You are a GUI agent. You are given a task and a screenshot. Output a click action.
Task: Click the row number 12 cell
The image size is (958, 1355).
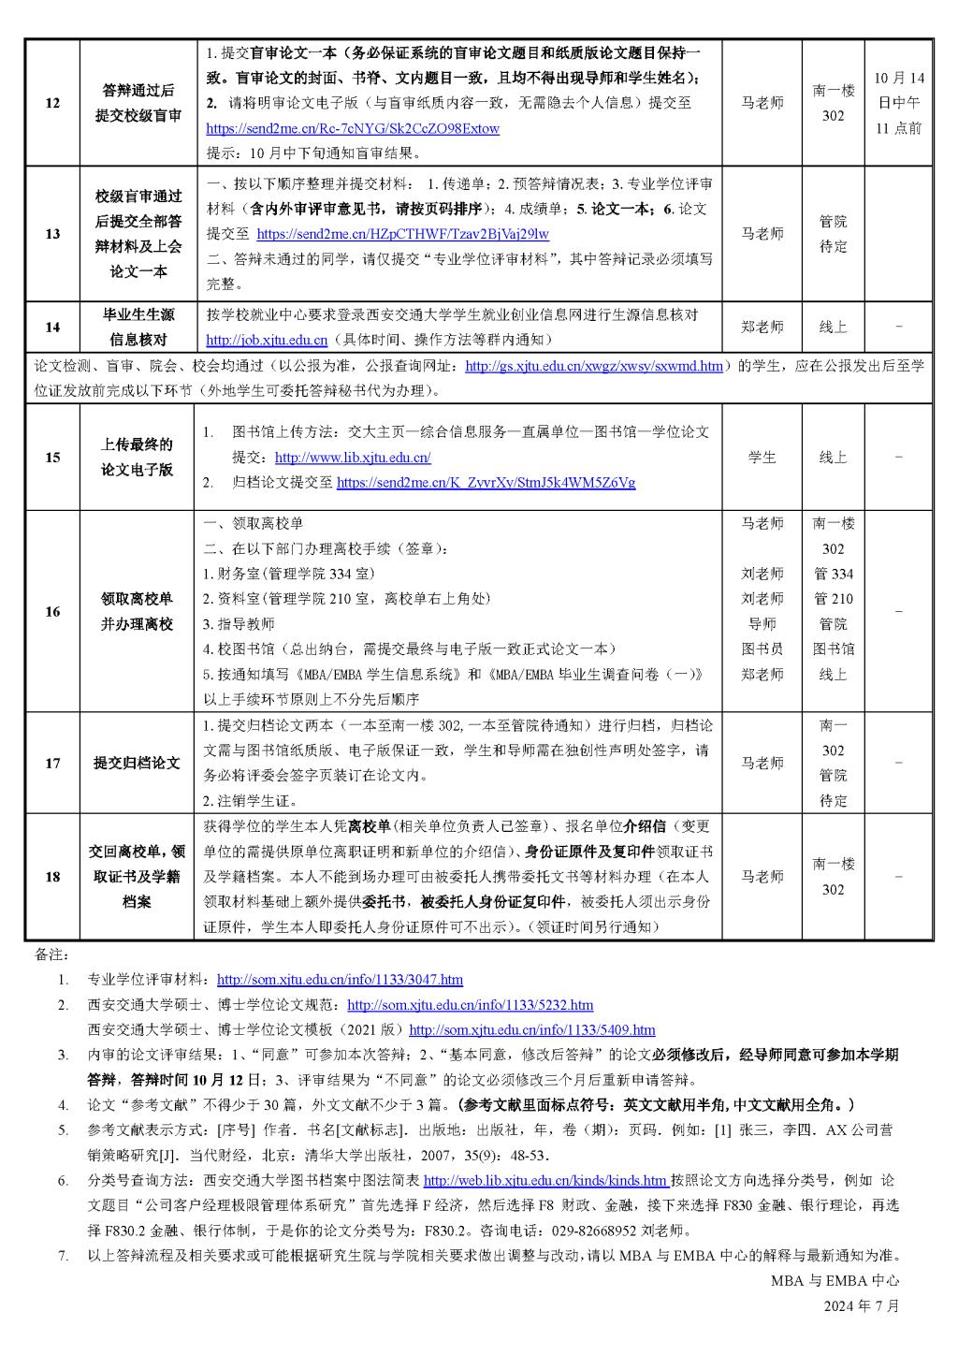coord(52,103)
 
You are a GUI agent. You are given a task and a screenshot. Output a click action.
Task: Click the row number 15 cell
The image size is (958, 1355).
coord(52,458)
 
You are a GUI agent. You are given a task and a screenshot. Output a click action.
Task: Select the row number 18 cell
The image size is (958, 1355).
coord(52,877)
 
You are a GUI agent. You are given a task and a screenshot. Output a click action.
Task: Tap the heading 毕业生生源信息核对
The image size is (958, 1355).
coord(138,328)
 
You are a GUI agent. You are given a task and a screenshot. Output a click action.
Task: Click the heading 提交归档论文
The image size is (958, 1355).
coord(138,764)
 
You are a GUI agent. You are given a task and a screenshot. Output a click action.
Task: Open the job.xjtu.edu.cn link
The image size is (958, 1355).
coord(267,341)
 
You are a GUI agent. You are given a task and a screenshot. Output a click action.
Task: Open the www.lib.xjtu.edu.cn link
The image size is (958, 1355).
coord(353,459)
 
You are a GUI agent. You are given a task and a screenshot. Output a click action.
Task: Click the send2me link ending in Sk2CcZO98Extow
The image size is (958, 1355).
coord(353,128)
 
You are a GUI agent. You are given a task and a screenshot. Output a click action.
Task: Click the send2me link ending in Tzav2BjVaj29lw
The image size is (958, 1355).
coord(402,235)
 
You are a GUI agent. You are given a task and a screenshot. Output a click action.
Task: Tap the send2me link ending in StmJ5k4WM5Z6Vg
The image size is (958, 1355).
coord(486,484)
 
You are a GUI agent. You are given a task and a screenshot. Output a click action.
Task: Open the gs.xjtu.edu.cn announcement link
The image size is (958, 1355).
coord(593,367)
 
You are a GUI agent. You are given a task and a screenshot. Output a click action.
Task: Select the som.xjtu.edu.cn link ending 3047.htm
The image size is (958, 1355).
coord(340,981)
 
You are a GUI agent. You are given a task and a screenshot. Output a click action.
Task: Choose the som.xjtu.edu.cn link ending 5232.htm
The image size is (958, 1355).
coord(470,1005)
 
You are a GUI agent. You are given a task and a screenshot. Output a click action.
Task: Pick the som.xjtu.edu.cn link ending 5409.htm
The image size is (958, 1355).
coord(532,1030)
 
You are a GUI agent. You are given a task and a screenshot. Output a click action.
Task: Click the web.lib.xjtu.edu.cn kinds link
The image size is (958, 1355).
coord(546,1181)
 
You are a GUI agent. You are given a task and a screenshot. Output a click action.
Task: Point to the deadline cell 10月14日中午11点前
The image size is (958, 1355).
coord(898,103)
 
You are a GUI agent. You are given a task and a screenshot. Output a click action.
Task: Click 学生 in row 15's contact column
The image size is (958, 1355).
coord(762,458)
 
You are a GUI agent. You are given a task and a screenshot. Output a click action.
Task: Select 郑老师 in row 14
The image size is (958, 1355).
coord(762,328)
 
